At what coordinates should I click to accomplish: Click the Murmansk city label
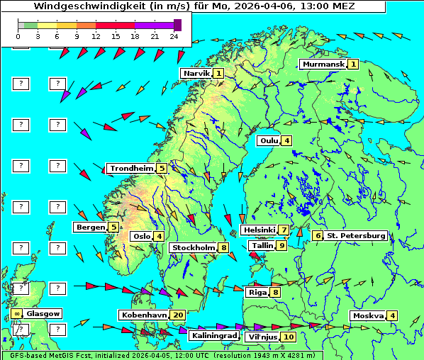click(323, 64)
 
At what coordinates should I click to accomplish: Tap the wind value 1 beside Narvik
click(218, 73)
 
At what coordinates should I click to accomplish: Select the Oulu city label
click(268, 140)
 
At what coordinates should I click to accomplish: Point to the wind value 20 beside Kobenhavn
click(177, 315)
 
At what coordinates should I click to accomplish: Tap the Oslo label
click(140, 236)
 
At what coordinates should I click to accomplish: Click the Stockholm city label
click(193, 247)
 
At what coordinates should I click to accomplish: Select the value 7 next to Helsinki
click(283, 230)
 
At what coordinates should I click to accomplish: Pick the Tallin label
click(262, 245)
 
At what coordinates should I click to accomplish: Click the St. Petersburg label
click(355, 235)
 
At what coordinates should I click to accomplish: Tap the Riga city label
click(256, 292)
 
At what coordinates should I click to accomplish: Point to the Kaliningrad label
click(213, 335)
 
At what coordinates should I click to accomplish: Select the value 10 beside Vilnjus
click(289, 337)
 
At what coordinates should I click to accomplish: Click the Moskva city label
click(368, 315)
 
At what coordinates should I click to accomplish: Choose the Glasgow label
click(43, 313)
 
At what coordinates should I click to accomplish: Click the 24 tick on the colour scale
click(174, 35)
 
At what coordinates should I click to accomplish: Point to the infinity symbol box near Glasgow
click(16, 313)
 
